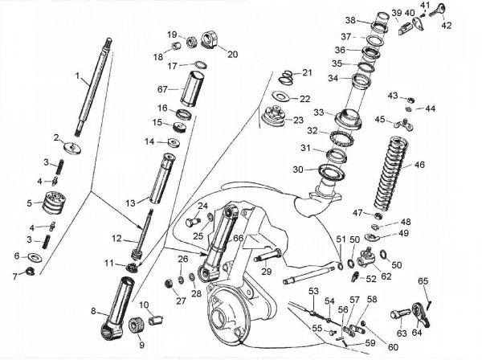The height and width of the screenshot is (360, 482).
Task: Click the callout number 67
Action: pos(162,89)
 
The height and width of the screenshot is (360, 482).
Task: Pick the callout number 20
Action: pos(233,55)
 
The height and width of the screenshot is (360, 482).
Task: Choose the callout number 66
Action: pos(239,239)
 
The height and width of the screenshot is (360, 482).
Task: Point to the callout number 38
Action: pos(350,20)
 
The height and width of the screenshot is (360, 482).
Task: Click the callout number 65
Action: pos(423,280)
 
